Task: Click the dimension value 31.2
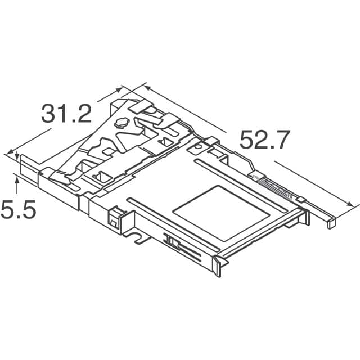click(x=66, y=114)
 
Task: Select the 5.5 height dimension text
click(x=18, y=211)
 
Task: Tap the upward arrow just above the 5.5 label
click(x=17, y=179)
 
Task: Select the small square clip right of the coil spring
click(x=301, y=199)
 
